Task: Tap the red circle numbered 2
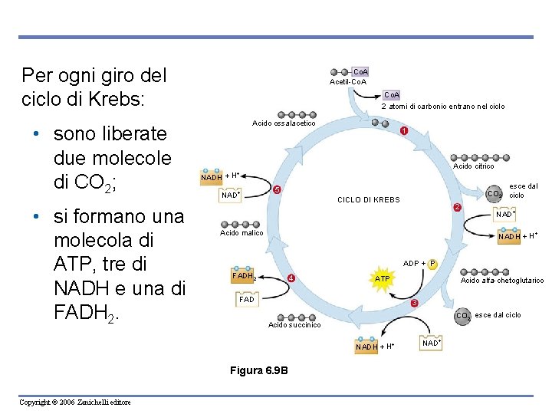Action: pyautogui.click(x=457, y=209)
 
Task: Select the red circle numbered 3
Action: pyautogui.click(x=414, y=304)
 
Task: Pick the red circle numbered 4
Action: pyautogui.click(x=291, y=278)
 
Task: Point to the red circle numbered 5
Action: pyautogui.click(x=278, y=190)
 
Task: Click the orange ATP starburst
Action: pyautogui.click(x=382, y=278)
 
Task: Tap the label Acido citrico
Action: pyautogui.click(x=474, y=166)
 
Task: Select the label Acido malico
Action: pyautogui.click(x=242, y=232)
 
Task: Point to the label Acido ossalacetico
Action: pyautogui.click(x=284, y=123)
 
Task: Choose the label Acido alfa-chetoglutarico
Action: pyautogui.click(x=502, y=281)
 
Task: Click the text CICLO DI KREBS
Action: pyautogui.click(x=369, y=200)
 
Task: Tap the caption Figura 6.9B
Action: pyautogui.click(x=259, y=371)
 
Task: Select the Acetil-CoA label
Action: pyautogui.click(x=347, y=82)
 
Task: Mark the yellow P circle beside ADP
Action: pyautogui.click(x=432, y=264)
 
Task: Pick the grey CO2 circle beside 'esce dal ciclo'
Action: pyautogui.click(x=463, y=316)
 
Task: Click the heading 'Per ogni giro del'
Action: pyautogui.click(x=94, y=76)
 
